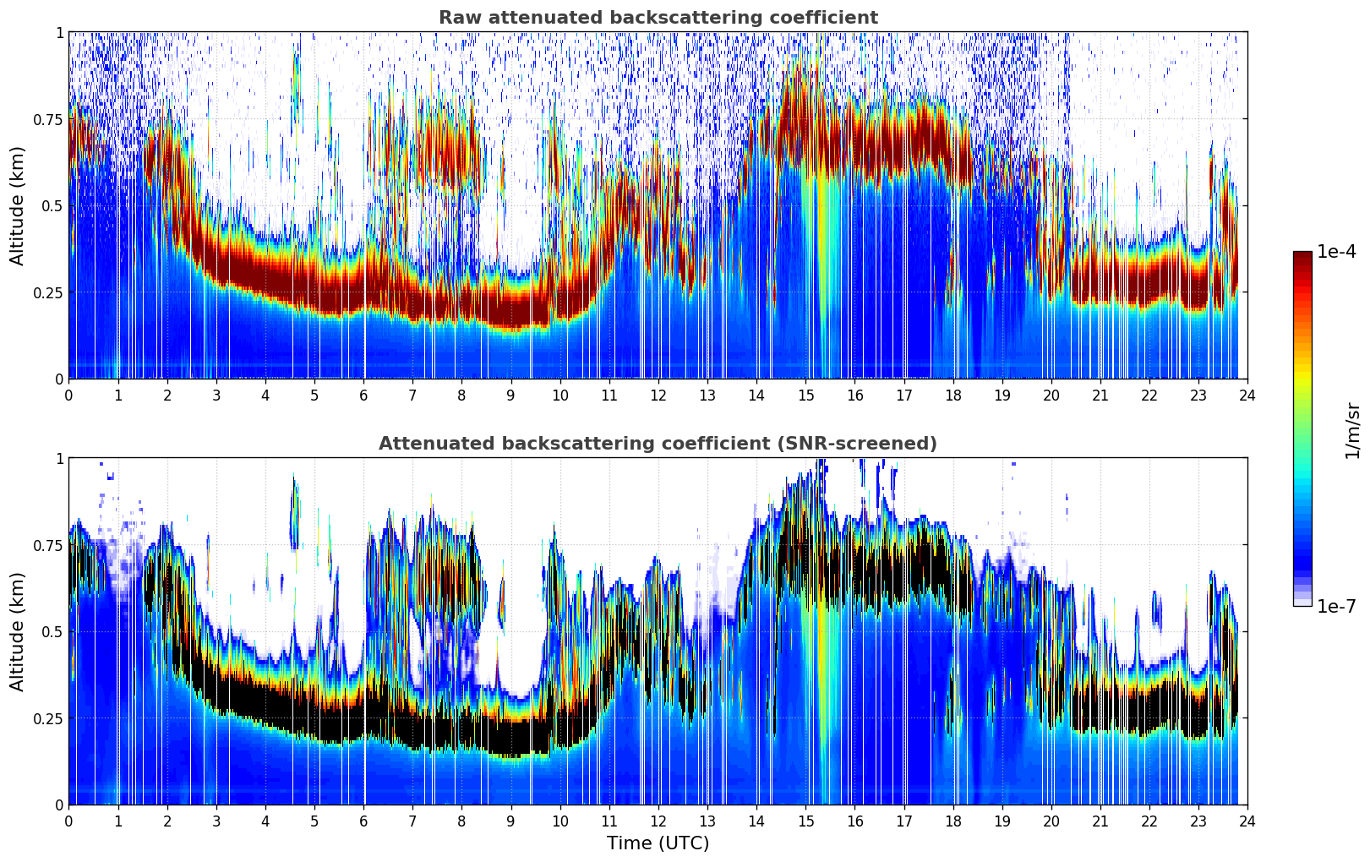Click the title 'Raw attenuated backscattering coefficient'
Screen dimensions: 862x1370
(x=658, y=18)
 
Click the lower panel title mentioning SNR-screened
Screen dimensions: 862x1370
(x=658, y=444)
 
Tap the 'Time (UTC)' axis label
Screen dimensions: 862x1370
(x=658, y=843)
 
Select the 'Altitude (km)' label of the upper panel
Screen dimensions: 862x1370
(x=18, y=205)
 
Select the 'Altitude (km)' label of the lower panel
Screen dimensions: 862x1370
(x=18, y=631)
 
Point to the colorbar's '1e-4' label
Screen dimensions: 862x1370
(x=1336, y=253)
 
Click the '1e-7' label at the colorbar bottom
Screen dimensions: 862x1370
(x=1336, y=606)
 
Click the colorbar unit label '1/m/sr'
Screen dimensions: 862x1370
(x=1352, y=430)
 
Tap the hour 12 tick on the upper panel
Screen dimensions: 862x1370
(x=658, y=395)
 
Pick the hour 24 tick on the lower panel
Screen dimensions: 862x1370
(x=1247, y=821)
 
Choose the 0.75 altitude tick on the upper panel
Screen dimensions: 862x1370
(x=48, y=119)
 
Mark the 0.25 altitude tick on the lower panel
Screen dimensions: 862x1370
(x=48, y=718)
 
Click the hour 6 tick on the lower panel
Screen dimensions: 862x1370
(x=363, y=821)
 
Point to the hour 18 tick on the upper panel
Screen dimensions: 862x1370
(x=952, y=395)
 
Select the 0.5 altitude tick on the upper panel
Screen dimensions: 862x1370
(x=52, y=205)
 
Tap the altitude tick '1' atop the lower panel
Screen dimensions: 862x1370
(x=59, y=458)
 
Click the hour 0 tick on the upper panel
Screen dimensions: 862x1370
(x=68, y=395)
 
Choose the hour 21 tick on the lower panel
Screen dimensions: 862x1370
(x=1100, y=821)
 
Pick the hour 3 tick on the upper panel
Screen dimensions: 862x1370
(x=216, y=395)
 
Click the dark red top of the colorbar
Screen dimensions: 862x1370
(x=1302, y=258)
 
